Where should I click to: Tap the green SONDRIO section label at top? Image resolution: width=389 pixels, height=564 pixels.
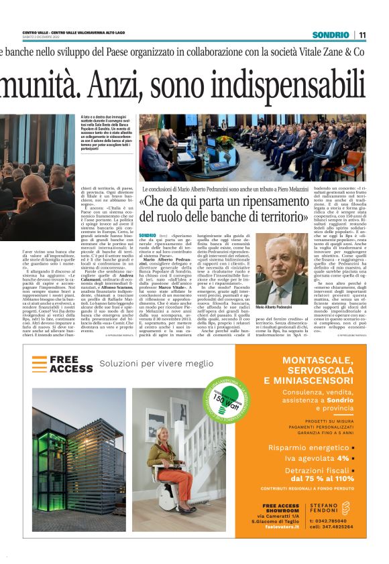pyautogui.click(x=331, y=35)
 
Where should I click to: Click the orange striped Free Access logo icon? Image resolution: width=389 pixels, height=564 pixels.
pyautogui.click(x=39, y=364)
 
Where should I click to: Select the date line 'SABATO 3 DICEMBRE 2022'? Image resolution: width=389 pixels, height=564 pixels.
pyautogui.click(x=42, y=38)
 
